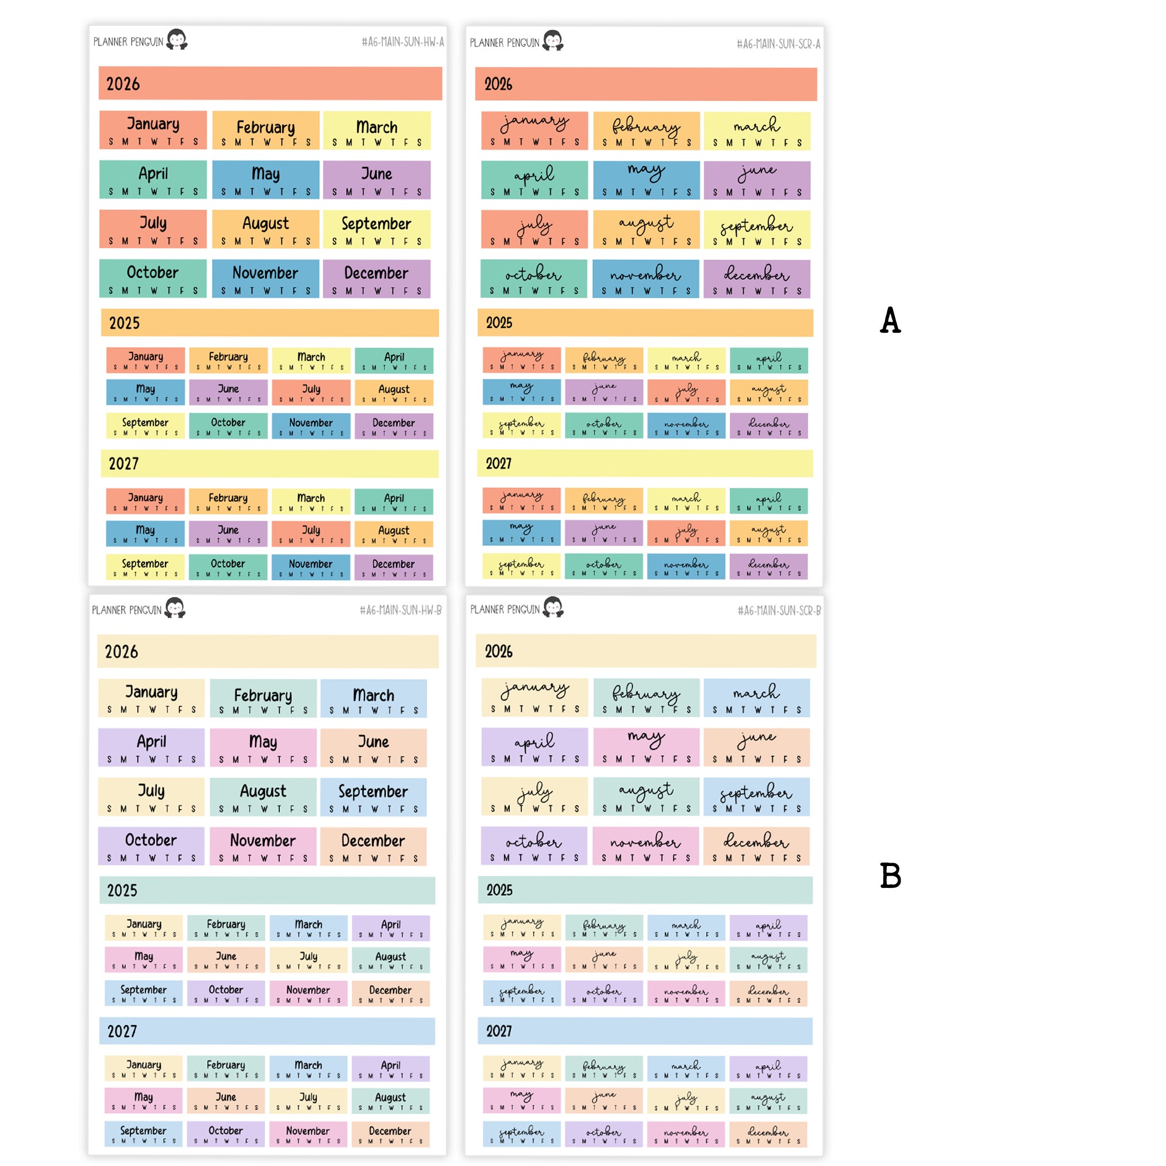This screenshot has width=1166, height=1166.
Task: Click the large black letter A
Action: [x=890, y=321]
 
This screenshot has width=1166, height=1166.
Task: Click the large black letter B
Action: [x=890, y=876]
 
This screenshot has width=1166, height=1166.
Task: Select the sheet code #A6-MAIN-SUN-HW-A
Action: [x=402, y=41]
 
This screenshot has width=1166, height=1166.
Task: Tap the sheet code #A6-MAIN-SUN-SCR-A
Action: [x=778, y=44]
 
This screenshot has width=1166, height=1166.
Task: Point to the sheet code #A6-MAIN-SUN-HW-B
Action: [x=401, y=610]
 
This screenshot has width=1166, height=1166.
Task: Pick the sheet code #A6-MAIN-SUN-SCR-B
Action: [x=779, y=611]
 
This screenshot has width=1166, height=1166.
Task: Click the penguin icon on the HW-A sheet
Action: [x=177, y=39]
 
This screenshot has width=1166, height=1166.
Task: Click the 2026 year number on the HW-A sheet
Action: [x=123, y=84]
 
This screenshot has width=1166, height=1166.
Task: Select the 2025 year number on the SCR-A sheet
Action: [x=499, y=323]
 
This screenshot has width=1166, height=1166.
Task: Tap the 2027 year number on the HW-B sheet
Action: [x=122, y=1032]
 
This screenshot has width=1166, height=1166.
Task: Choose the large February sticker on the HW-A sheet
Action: [x=265, y=130]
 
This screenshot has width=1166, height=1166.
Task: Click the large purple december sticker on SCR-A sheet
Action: [x=757, y=279]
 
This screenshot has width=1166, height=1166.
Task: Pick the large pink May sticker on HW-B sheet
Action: [x=263, y=748]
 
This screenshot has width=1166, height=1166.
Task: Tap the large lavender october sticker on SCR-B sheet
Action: [x=534, y=846]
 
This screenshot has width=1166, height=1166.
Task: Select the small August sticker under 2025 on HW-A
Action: [x=394, y=393]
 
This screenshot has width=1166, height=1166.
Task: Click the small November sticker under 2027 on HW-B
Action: [x=308, y=1134]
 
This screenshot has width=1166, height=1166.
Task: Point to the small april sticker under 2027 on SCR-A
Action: [x=768, y=502]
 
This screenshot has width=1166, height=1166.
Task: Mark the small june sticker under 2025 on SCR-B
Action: [x=604, y=959]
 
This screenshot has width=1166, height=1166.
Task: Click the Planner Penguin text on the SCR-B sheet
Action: [x=505, y=610]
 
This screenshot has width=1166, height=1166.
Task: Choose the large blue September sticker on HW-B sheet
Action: [x=373, y=797]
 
